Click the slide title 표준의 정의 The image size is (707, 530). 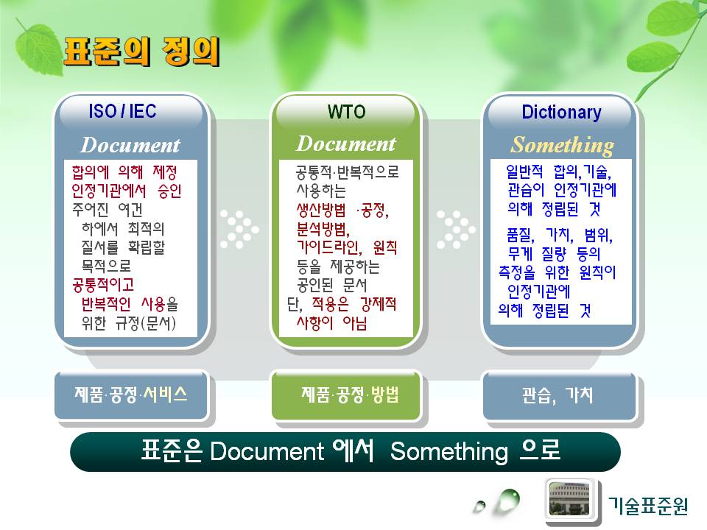(141, 52)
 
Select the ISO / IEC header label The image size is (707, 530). (122, 111)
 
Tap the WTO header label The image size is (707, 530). (346, 112)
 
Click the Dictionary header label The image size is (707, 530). (561, 112)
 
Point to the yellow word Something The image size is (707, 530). (562, 145)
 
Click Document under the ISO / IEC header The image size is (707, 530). (130, 145)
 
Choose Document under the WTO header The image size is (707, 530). (346, 144)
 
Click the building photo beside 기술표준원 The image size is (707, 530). (569, 498)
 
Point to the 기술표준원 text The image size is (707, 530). (648, 506)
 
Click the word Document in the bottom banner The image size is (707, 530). (267, 451)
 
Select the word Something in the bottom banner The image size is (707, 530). (449, 452)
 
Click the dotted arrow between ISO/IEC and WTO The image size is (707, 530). (239, 230)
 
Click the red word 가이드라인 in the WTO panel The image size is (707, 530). (328, 247)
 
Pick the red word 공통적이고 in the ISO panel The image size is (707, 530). (103, 285)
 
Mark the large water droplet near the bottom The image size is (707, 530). (508, 501)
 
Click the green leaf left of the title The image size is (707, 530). (39, 49)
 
